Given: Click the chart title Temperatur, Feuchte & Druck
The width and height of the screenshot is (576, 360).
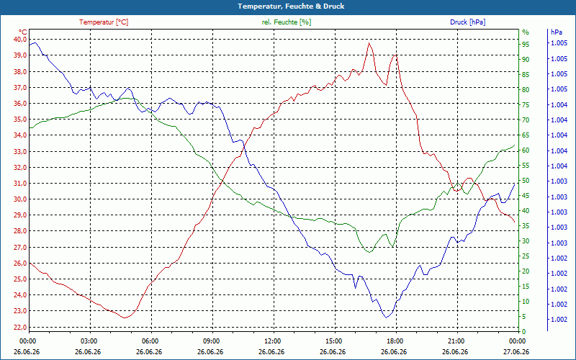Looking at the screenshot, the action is [291, 6].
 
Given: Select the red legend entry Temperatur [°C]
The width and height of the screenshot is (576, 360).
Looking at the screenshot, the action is [104, 22].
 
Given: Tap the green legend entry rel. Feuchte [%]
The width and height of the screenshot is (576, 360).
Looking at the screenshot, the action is [286, 22].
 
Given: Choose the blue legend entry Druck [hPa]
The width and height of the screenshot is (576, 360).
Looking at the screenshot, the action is [467, 22].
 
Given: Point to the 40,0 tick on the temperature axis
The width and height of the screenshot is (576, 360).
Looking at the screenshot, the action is [20, 40].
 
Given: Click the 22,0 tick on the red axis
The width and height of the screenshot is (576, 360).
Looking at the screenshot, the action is [20, 327].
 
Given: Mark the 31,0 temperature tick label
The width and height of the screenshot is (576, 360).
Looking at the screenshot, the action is [20, 184].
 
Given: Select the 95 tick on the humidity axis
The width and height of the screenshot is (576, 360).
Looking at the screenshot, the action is [526, 45].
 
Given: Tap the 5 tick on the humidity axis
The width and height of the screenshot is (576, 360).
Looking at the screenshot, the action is [524, 317].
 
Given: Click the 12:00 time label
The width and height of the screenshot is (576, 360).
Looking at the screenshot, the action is [273, 341].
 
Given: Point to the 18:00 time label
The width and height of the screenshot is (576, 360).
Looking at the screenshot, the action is [395, 341].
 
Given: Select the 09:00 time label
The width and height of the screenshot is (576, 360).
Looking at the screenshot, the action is [212, 341].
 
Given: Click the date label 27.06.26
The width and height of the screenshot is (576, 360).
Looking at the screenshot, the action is [516, 351].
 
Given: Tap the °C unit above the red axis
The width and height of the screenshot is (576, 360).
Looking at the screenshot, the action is [23, 32].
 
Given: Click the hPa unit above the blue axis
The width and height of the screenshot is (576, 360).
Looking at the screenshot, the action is [556, 32].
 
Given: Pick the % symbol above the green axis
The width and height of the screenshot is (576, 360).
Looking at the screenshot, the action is [526, 32].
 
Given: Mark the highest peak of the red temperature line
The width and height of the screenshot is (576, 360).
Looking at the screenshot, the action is [369, 43].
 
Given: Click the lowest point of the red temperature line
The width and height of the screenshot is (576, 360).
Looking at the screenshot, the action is [125, 318].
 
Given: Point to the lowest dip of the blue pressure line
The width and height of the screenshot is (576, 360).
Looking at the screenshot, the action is [386, 318].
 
